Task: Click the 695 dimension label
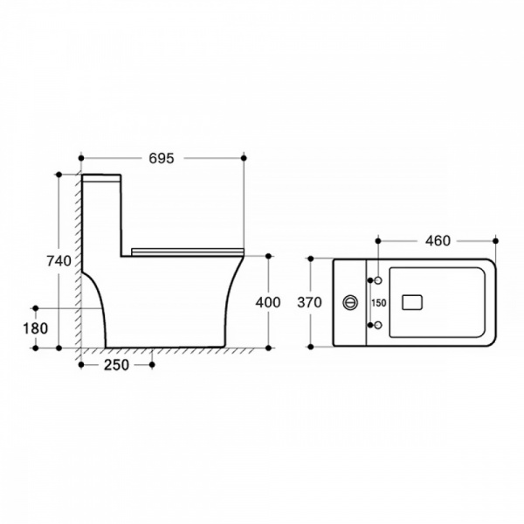tap(162, 158)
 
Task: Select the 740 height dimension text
tap(59, 261)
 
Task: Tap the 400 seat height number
tap(268, 302)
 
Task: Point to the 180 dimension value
tap(36, 328)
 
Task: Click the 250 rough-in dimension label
tap(116, 365)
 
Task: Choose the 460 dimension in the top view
tap(438, 241)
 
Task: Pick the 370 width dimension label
tap(310, 302)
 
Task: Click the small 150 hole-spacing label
tap(379, 303)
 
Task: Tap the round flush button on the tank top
tap(350, 303)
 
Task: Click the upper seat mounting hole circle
tap(378, 280)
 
